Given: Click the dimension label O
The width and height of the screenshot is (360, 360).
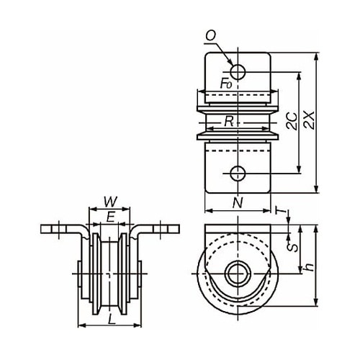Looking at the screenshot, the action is coord(211,36).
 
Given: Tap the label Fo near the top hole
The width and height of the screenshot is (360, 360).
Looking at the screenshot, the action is coord(226,84).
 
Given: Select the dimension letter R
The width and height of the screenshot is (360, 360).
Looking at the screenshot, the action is coord(229,122).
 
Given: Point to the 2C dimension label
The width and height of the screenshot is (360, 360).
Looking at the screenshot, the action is coord(292,121).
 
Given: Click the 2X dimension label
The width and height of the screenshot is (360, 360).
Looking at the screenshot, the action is coord(309,120).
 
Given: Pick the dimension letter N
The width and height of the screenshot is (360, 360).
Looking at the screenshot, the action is coord(238,203).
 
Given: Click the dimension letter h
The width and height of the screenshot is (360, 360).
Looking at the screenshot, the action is coord(309,266).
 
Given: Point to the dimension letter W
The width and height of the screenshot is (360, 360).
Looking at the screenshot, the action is coord(110,202).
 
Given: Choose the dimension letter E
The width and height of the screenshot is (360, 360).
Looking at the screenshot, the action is coord(110,217).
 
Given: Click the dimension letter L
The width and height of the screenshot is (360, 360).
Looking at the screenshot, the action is coord(112,320).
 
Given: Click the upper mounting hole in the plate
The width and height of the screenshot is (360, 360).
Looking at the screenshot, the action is coord(238,71).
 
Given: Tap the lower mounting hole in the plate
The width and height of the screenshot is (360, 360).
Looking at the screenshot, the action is coord(238,173).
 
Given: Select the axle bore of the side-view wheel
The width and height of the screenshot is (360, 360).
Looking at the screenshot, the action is coord(238,274).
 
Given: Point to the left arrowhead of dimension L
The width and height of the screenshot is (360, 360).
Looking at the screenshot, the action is coord(81,325).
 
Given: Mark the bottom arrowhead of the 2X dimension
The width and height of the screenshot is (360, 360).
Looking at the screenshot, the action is coord(317,189).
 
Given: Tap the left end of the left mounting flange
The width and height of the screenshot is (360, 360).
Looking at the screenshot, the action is coord(41,229).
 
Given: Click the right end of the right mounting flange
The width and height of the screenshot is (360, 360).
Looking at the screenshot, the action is coord(179,229).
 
